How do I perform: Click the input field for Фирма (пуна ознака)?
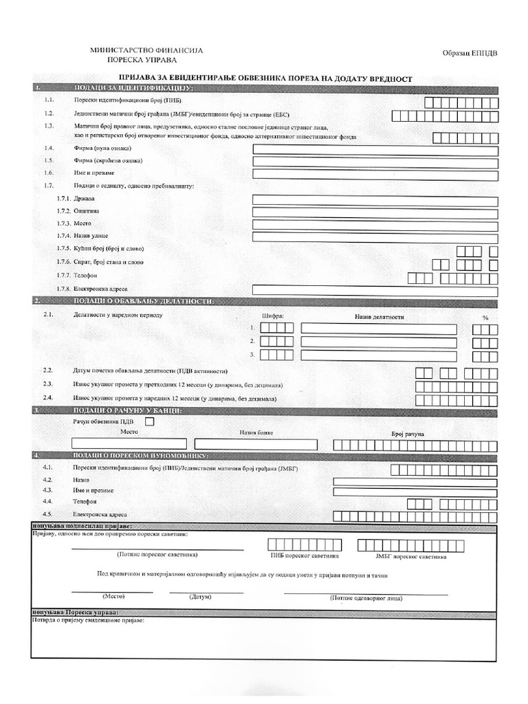(x=375, y=149)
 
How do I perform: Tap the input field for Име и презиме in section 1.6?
(x=375, y=175)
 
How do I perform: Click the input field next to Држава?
(x=375, y=199)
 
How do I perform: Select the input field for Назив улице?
(x=375, y=237)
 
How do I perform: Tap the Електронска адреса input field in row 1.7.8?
(x=375, y=289)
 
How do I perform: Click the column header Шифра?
(x=273, y=317)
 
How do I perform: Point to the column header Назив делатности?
(x=379, y=317)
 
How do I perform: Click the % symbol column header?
(x=485, y=318)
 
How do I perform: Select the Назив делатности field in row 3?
(x=379, y=355)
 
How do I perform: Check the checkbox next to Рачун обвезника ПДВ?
(x=151, y=422)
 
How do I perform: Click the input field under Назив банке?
(x=256, y=444)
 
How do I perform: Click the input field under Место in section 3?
(x=129, y=444)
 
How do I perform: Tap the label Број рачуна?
(x=408, y=434)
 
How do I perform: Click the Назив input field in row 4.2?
(x=415, y=481)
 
